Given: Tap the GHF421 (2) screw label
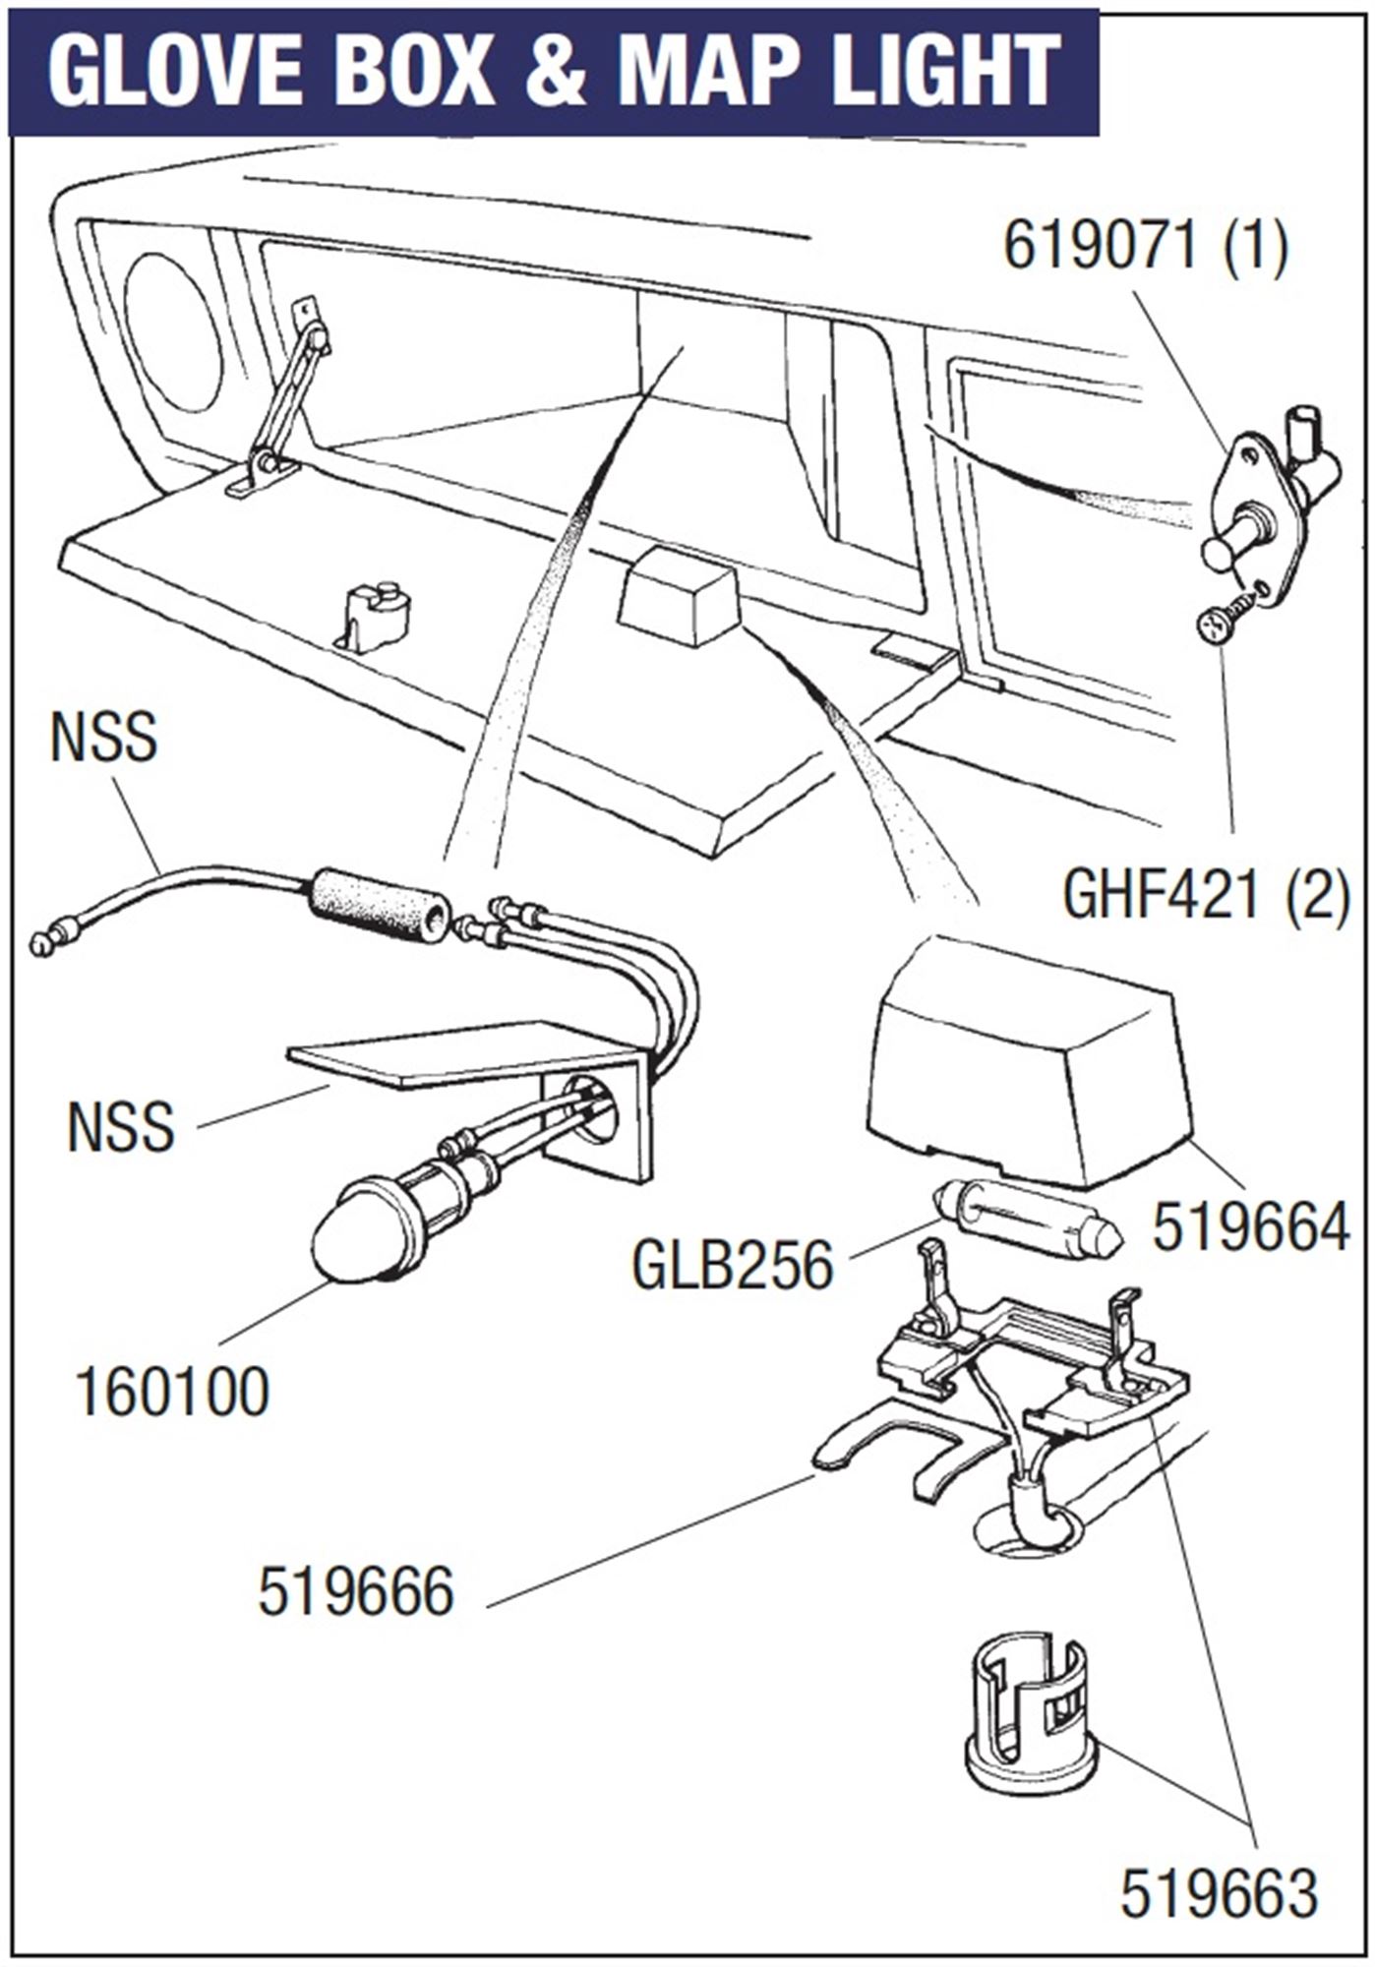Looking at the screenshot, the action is click(x=1206, y=896).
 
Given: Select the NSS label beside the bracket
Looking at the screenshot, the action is click(x=121, y=1126).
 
